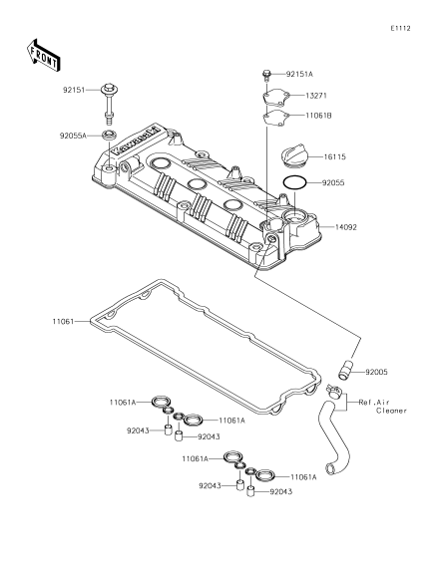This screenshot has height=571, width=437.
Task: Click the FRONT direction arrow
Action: (x=43, y=55)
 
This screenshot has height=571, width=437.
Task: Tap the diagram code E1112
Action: (x=400, y=28)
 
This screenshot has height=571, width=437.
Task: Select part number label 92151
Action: (x=74, y=90)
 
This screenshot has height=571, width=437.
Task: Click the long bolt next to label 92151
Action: (x=109, y=103)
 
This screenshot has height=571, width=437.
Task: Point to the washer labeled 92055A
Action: (x=109, y=135)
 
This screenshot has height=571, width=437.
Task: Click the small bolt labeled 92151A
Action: (x=266, y=75)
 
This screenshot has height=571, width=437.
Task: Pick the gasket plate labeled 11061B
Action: (x=276, y=118)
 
